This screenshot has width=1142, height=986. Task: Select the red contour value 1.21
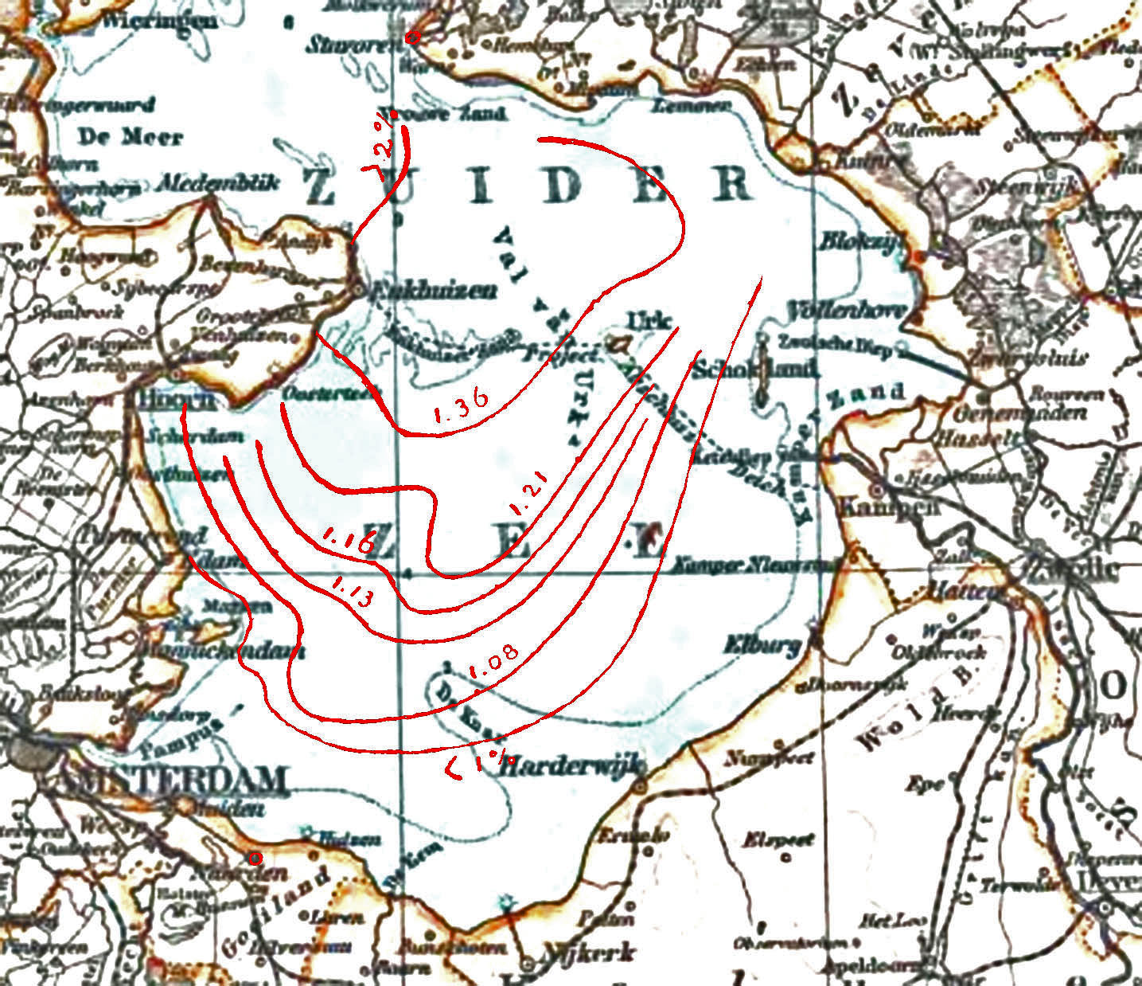pyautogui.click(x=530, y=495)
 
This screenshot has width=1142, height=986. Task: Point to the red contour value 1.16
pyautogui.click(x=348, y=541)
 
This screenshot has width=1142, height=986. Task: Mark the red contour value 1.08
pyautogui.click(x=493, y=662)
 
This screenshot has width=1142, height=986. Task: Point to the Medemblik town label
pyautogui.click(x=219, y=183)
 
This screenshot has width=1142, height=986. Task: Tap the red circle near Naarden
pyautogui.click(x=255, y=858)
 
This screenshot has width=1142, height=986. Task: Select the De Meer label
pyautogui.click(x=130, y=137)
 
